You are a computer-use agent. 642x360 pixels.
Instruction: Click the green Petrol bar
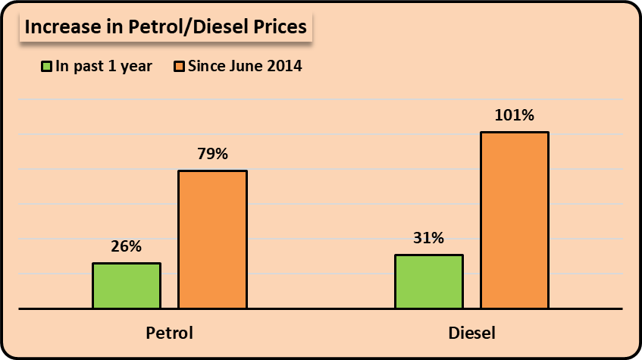coord(127,286)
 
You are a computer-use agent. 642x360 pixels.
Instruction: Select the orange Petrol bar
coord(212,239)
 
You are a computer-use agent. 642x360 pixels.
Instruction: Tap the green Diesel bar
coord(428,281)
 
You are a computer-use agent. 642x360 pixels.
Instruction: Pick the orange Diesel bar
coord(514,221)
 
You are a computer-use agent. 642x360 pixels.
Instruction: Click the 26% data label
coord(127,246)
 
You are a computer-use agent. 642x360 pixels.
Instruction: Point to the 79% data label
coord(212,154)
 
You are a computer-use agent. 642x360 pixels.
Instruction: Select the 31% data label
coord(428,238)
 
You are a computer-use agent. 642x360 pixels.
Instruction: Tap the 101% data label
coord(514,116)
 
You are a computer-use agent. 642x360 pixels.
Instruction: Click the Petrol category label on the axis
coord(169,333)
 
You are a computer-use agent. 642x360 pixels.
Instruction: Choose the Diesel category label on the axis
coord(471,333)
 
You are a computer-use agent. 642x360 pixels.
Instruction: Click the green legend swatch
coord(47,67)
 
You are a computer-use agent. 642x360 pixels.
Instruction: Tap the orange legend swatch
coord(180,67)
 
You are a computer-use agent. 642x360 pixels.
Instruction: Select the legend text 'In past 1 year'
coord(102,67)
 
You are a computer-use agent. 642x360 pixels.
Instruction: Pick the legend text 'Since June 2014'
coord(245,67)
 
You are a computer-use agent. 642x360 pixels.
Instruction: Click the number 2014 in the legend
coord(285,67)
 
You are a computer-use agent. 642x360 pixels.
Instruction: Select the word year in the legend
coord(136,67)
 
